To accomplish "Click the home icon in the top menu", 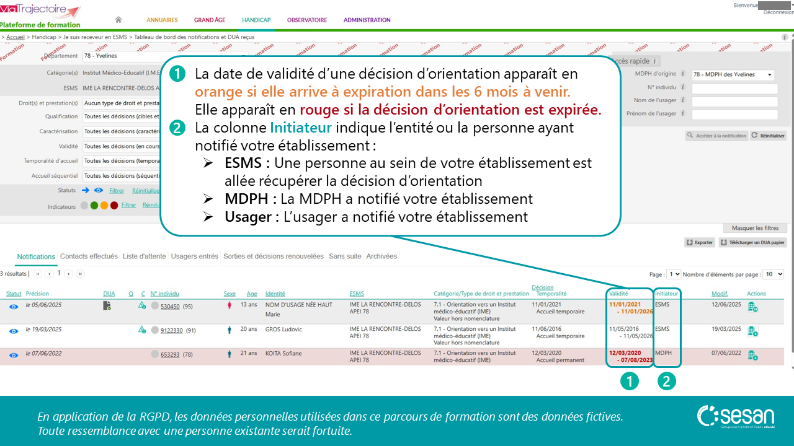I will pyautogui.click(x=118, y=20).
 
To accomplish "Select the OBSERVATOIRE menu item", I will pyautogui.click(x=306, y=20).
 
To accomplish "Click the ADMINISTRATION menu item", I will pyautogui.click(x=367, y=20).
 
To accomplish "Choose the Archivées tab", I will pyautogui.click(x=381, y=256).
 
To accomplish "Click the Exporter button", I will pyautogui.click(x=700, y=243).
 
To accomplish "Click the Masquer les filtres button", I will pyautogui.click(x=755, y=228).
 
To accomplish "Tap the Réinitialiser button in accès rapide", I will pyautogui.click(x=768, y=136).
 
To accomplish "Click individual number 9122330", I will pyautogui.click(x=171, y=331).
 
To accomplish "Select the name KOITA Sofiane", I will pyautogui.click(x=283, y=354).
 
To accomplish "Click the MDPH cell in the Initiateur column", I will pyautogui.click(x=663, y=354).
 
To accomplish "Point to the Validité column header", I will pyautogui.click(x=618, y=294).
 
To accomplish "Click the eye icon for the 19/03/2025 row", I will pyautogui.click(x=14, y=331).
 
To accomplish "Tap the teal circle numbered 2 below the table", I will pyautogui.click(x=666, y=382).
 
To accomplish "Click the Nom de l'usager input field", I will pyautogui.click(x=734, y=102).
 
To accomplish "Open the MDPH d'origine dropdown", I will pyautogui.click(x=733, y=75).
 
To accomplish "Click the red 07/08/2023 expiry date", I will pyautogui.click(x=635, y=360).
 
